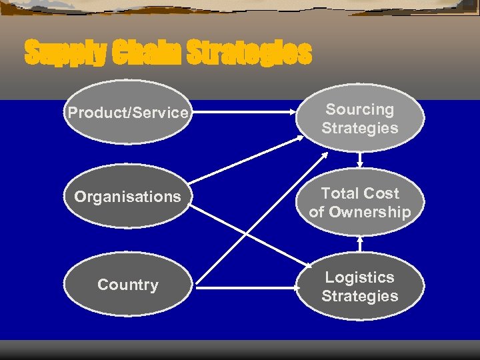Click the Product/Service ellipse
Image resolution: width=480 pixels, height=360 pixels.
coord(127,113)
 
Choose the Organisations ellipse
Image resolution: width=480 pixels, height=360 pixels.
coord(127,197)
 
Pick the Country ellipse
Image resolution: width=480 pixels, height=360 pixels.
coord(127,285)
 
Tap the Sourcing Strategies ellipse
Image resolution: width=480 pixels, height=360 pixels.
coord(359,119)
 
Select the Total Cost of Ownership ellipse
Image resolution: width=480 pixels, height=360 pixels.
coord(359,203)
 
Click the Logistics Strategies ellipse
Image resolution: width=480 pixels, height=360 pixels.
coord(359,287)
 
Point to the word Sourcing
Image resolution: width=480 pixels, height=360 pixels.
coord(359,109)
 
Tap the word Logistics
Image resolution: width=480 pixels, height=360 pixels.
coord(359,277)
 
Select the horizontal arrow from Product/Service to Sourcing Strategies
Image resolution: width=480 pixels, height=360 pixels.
coord(243,113)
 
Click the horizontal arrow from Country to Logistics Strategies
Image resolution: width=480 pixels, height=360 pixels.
coord(243,288)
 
